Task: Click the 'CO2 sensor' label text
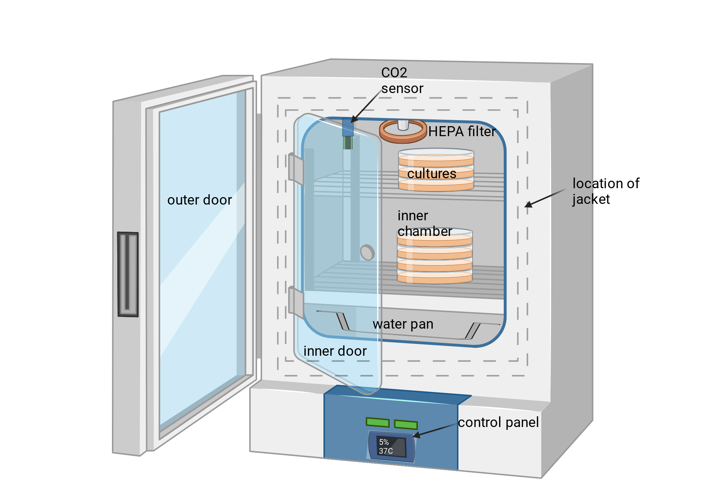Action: (402, 81)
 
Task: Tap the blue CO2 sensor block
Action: (348, 127)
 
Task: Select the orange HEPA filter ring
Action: (403, 132)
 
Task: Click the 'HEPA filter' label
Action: (462, 132)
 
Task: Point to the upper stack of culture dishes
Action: (436, 170)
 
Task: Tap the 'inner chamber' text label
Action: (425, 223)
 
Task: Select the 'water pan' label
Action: (403, 324)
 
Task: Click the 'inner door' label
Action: (335, 351)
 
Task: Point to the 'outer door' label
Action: (200, 200)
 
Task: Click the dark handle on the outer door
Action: (128, 274)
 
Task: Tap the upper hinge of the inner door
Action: (296, 170)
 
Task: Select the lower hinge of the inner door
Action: (296, 303)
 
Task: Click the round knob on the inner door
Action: (367, 252)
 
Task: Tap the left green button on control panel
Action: (378, 422)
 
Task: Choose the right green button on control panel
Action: (406, 425)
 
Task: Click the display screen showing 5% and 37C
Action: (391, 447)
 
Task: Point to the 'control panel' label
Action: (498, 422)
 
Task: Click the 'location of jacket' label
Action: (606, 191)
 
